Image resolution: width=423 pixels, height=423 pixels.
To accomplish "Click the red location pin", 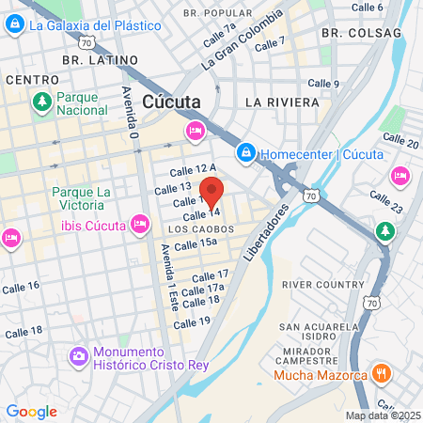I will pyautogui.click(x=212, y=192).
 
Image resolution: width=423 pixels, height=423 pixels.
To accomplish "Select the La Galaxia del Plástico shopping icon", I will pyautogui.click(x=14, y=25).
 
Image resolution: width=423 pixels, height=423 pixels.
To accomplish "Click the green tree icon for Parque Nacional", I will pyautogui.click(x=40, y=102).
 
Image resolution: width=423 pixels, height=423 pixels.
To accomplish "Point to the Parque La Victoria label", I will pyautogui.click(x=82, y=199).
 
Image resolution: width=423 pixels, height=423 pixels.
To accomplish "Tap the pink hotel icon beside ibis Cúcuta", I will pyautogui.click(x=140, y=224).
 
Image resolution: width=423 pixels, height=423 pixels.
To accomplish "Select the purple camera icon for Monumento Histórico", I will pyautogui.click(x=78, y=356).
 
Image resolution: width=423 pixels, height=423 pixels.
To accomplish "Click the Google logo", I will pyautogui.click(x=31, y=412).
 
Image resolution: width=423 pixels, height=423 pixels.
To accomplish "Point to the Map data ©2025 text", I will pyautogui.click(x=383, y=415).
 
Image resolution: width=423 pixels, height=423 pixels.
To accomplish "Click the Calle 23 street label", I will pyautogui.click(x=385, y=199).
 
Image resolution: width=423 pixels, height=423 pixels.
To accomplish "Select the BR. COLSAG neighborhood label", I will pyautogui.click(x=361, y=32).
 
